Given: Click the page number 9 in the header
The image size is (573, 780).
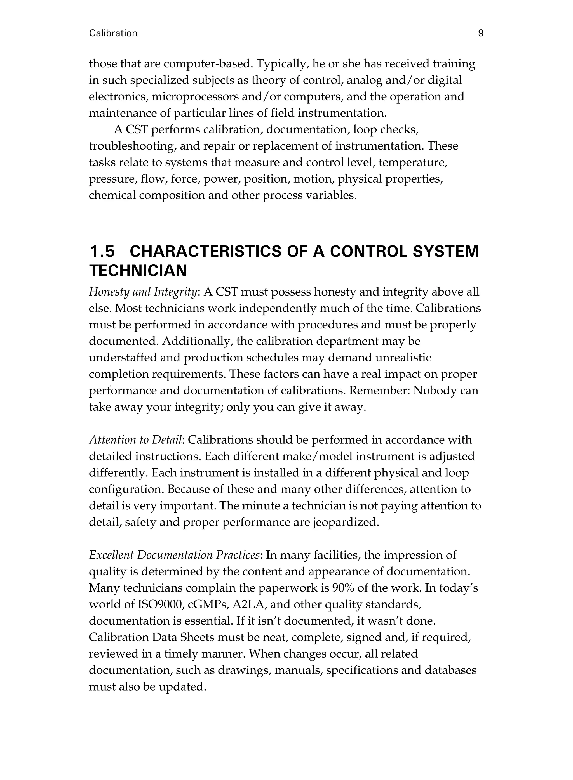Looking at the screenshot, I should [x=481, y=33].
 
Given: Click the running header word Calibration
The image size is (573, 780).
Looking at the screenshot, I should [x=113, y=33].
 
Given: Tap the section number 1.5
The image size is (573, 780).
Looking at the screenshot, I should [x=102, y=251].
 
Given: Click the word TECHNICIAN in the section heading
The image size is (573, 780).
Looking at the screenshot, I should [x=138, y=271].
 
